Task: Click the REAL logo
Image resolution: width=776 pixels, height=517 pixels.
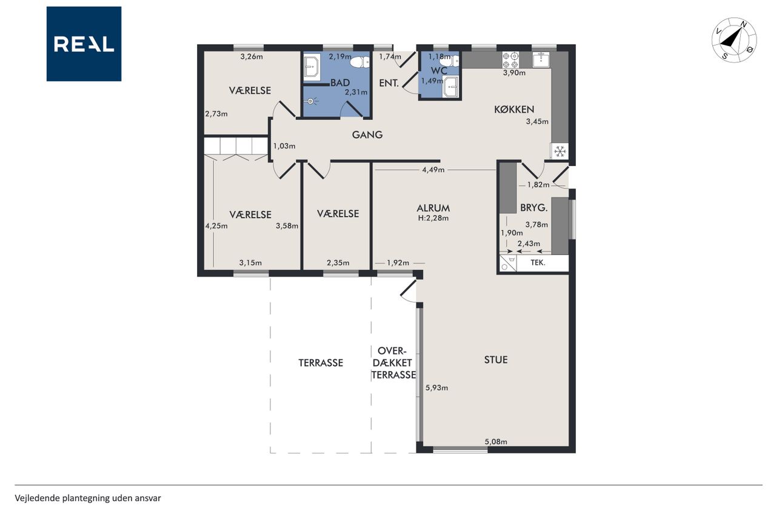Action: coord(84,44)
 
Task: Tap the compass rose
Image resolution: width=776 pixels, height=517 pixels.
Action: coord(734,40)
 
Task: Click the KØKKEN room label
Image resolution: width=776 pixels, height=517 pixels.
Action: coord(514,110)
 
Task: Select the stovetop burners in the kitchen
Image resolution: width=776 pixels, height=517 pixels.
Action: coord(510,60)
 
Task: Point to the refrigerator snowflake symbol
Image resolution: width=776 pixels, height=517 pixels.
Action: coord(560,152)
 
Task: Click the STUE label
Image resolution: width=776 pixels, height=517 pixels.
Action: coord(496,360)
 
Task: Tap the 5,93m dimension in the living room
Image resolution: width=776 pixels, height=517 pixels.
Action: coord(436,388)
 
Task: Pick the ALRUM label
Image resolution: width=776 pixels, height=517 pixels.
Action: coord(433,208)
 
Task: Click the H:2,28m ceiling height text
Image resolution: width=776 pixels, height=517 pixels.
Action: coord(433,218)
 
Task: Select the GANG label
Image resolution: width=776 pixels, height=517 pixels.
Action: coord(367,135)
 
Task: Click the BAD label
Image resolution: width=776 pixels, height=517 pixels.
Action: coord(340,83)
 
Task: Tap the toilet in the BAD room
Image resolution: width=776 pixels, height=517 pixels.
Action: coord(360,62)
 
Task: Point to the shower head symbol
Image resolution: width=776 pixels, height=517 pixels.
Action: coord(311,101)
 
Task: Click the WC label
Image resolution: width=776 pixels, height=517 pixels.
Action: coord(439,71)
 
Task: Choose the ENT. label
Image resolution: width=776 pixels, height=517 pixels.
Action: coord(389,83)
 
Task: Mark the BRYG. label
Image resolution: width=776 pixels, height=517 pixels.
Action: coord(534,208)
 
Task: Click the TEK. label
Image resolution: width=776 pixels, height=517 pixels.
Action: coord(538,262)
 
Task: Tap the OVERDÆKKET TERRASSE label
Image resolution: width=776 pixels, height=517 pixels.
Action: coord(393,362)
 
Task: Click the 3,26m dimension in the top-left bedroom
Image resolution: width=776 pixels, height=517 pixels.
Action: coord(252,56)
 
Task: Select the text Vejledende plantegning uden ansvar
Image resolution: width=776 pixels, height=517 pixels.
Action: coord(88,498)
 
